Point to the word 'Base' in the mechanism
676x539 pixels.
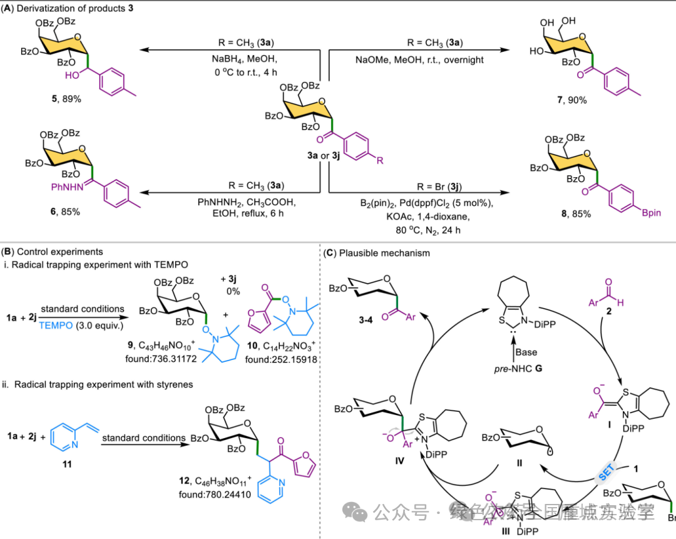tap(526, 352)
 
